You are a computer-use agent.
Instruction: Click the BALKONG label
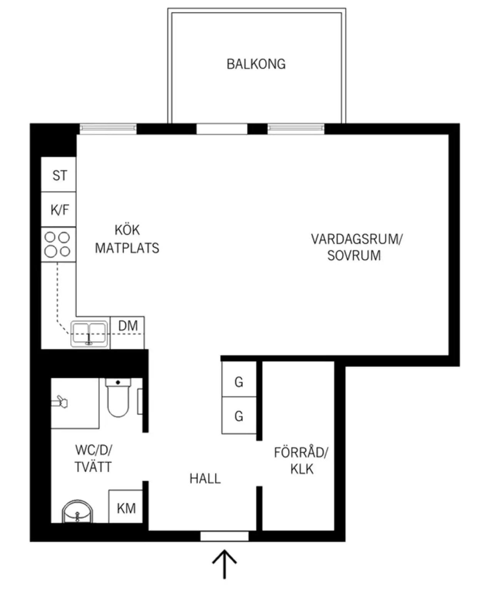click(256, 64)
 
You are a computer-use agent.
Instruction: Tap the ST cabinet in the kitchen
click(58, 174)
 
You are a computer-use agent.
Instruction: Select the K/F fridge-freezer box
click(58, 209)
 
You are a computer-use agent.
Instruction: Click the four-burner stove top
click(58, 244)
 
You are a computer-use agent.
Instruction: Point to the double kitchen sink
click(89, 334)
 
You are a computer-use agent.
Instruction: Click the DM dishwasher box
click(127, 333)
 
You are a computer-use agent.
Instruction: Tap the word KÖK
click(127, 230)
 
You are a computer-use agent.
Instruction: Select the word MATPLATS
click(127, 248)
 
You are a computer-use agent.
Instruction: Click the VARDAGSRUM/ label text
click(357, 239)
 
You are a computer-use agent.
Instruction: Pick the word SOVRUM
click(354, 255)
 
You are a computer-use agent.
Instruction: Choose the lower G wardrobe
click(239, 415)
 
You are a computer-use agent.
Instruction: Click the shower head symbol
click(60, 402)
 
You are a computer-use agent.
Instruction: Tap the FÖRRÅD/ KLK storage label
click(301, 461)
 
